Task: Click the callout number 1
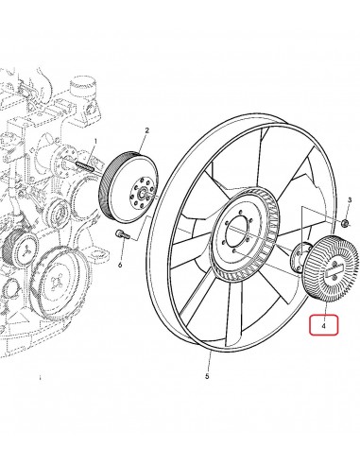coord(95,141)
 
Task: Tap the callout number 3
coord(349,201)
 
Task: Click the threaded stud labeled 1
coord(82,170)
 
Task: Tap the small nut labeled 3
coord(346,224)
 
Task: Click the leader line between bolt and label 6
coord(121,249)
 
